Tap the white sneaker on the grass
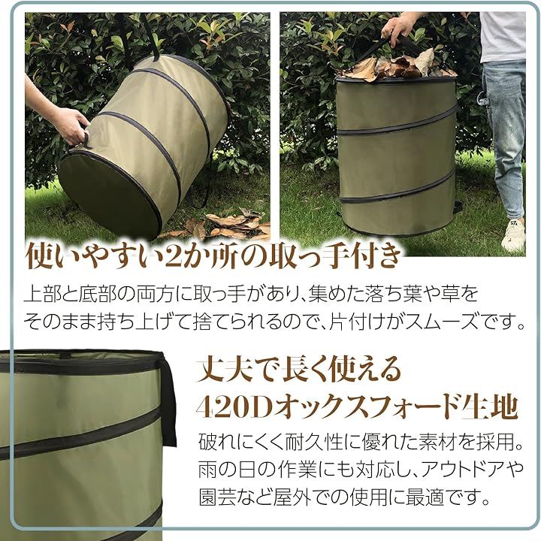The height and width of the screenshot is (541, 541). pos(513,234)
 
